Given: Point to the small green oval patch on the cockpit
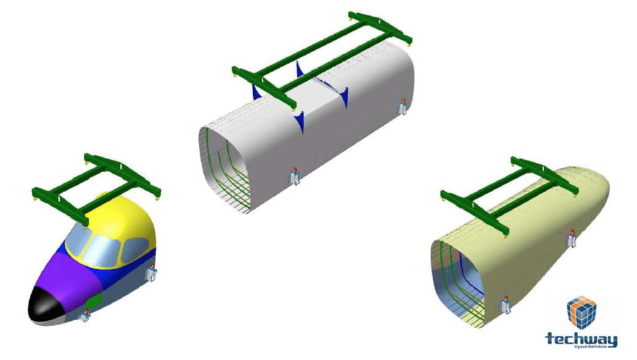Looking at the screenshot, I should tap(94, 303).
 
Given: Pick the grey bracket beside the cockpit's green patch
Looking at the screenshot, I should tap(83, 316).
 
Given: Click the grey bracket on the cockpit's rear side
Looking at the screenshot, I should tap(151, 273).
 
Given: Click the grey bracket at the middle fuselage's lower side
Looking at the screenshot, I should tap(295, 176).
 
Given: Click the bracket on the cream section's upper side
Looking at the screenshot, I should tap(570, 240).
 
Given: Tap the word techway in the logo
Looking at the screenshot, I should tap(581, 338).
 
